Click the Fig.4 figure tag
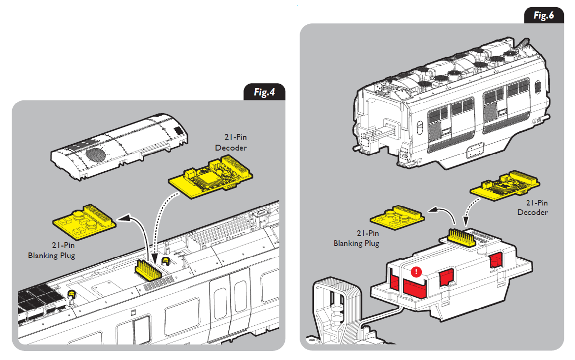coord(264,92)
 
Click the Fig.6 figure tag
coord(543,15)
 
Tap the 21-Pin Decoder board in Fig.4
coord(210,176)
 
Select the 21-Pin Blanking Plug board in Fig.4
coord(85,221)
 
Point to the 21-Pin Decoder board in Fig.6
coord(505,186)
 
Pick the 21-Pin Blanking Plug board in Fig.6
coord(397,217)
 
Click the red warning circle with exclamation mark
coord(416,272)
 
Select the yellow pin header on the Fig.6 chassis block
coord(462,237)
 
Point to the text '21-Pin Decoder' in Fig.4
coord(231,142)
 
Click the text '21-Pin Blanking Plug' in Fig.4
coord(51,250)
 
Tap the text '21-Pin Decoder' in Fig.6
coord(532,207)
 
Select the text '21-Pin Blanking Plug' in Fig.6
coord(356,238)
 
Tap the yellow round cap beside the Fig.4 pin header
coord(166,261)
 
